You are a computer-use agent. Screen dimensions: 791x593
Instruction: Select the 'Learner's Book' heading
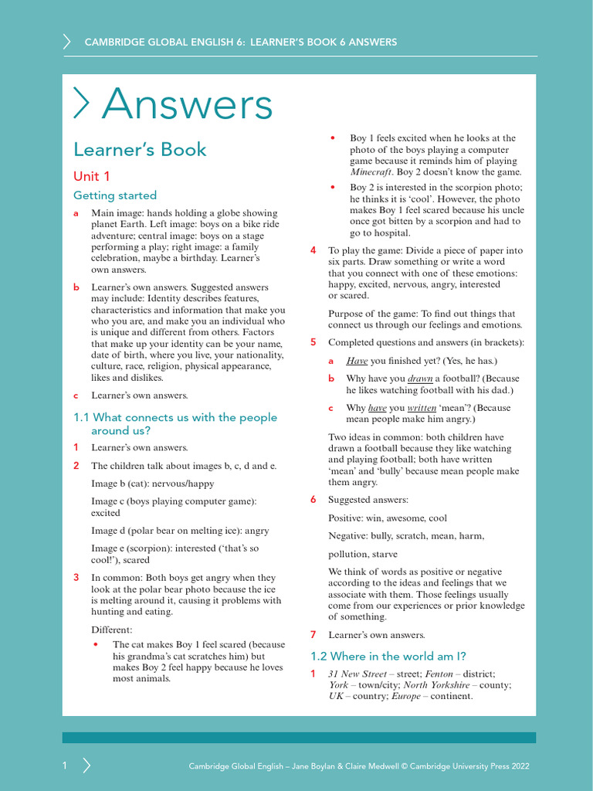pyautogui.click(x=140, y=149)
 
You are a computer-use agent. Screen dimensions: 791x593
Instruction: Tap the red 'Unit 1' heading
pyautogui.click(x=92, y=176)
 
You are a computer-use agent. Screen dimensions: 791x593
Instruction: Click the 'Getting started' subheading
pyautogui.click(x=115, y=195)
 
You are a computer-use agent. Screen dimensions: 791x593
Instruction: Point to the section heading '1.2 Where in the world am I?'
pyautogui.click(x=388, y=657)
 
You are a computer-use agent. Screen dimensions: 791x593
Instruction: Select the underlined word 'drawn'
pyautogui.click(x=420, y=379)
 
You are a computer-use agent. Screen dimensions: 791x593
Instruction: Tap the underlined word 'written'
pyautogui.click(x=422, y=408)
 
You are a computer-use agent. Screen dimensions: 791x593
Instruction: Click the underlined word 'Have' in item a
pyautogui.click(x=357, y=361)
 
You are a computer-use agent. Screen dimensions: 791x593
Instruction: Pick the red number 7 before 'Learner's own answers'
pyautogui.click(x=313, y=635)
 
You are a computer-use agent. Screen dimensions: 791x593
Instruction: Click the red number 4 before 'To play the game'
pyautogui.click(x=313, y=251)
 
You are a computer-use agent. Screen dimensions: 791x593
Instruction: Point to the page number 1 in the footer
pyautogui.click(x=66, y=766)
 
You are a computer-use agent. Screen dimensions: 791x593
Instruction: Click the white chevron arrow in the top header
pyautogui.click(x=67, y=42)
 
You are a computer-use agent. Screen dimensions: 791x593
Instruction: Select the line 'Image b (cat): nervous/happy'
pyautogui.click(x=153, y=484)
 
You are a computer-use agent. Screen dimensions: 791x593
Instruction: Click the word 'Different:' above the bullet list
pyautogui.click(x=112, y=630)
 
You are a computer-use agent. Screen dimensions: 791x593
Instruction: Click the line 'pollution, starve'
pyautogui.click(x=363, y=554)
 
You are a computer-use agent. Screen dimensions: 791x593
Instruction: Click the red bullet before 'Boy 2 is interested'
pyautogui.click(x=333, y=188)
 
